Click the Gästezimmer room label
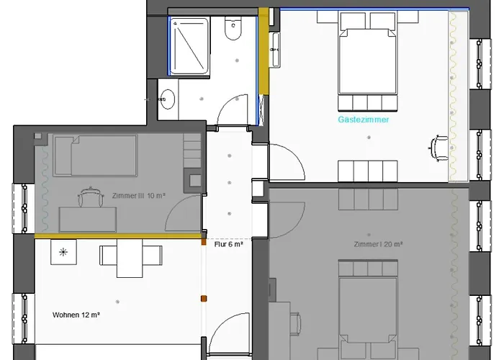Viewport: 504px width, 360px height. coord(363,120)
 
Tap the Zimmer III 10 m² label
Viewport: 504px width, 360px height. coord(138,195)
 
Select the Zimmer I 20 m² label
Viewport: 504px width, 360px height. coord(378,244)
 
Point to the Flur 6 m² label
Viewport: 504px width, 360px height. coord(228,245)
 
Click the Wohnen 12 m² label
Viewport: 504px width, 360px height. coord(76,315)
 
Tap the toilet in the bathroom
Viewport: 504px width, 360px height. coord(233,28)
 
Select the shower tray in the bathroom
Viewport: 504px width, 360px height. coord(189,46)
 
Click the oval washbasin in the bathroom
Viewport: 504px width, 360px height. coord(167,99)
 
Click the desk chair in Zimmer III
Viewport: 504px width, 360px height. coord(91,196)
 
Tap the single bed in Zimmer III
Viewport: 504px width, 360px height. coord(96,156)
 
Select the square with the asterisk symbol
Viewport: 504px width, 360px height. coord(63,252)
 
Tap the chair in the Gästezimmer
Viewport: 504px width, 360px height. coord(438,148)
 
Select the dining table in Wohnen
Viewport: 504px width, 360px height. coord(130,258)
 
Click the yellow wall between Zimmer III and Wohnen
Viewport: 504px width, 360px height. coord(117,236)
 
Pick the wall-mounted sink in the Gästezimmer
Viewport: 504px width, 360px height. coord(274,50)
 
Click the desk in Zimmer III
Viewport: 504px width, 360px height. coord(88,220)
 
